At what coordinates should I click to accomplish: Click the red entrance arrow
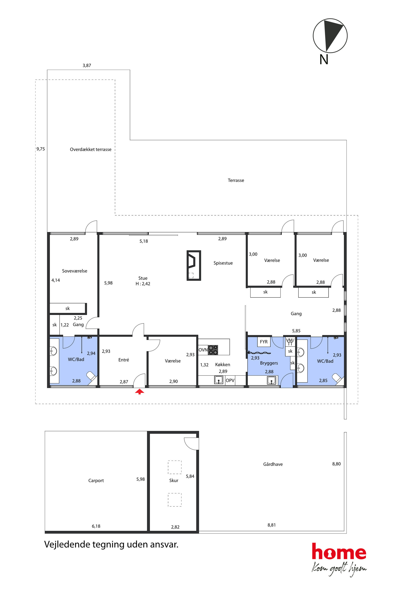(140, 391)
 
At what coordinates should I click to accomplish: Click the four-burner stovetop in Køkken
(213, 350)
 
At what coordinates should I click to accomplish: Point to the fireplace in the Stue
(194, 265)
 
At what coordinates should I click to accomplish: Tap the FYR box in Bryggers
(264, 342)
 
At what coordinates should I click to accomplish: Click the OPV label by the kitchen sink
(230, 380)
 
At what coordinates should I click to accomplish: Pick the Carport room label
(96, 481)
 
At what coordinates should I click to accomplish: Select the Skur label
(174, 480)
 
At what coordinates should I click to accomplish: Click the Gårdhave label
(273, 464)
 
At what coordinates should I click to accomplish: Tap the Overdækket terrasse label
(91, 149)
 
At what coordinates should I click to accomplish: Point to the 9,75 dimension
(41, 149)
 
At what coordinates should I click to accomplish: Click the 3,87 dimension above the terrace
(87, 65)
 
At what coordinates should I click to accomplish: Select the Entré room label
(124, 360)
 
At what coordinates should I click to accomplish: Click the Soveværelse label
(75, 271)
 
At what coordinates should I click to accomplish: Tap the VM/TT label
(290, 342)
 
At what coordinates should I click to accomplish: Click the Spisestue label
(223, 263)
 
